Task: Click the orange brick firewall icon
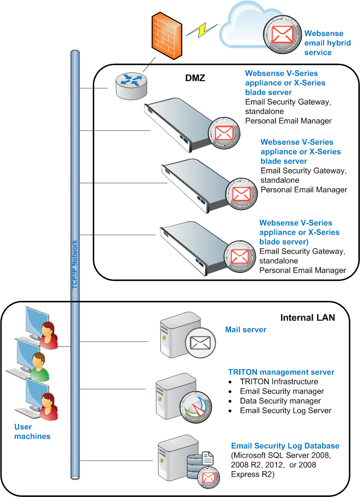point(167,36)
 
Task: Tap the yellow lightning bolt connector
point(202,30)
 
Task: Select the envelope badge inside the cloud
point(282,35)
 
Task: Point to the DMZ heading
point(195,78)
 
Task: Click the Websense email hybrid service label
point(327,43)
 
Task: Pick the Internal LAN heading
point(307,318)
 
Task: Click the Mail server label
point(245,330)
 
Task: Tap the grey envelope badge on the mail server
point(200,343)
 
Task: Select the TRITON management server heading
point(281,372)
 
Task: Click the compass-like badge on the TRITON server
point(196,407)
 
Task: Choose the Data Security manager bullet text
point(280,401)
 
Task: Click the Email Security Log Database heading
point(285,446)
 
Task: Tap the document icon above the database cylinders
point(208,458)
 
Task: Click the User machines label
point(32,431)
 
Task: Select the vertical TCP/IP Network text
point(75,264)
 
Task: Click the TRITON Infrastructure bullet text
point(279,381)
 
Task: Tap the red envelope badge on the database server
point(208,478)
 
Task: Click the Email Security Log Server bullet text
point(285,411)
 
